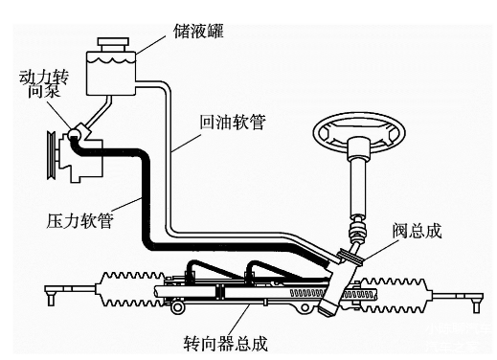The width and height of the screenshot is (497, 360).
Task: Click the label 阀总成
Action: [418, 230]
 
